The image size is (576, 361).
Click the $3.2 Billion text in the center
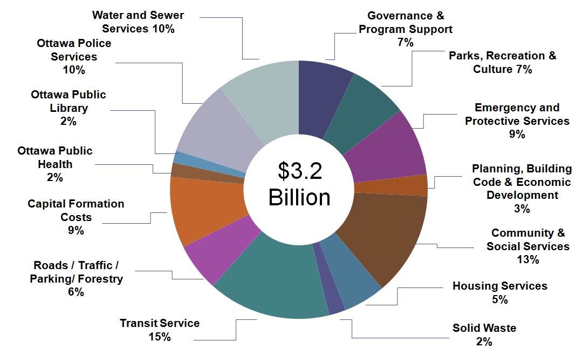pyautogui.click(x=299, y=184)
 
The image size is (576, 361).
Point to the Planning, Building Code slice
pyautogui.click(x=393, y=185)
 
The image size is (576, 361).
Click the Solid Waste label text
pyautogui.click(x=484, y=329)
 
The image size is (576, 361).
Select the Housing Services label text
pyautogui.click(x=499, y=286)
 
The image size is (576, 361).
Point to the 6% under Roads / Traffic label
pyautogui.click(x=76, y=292)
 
